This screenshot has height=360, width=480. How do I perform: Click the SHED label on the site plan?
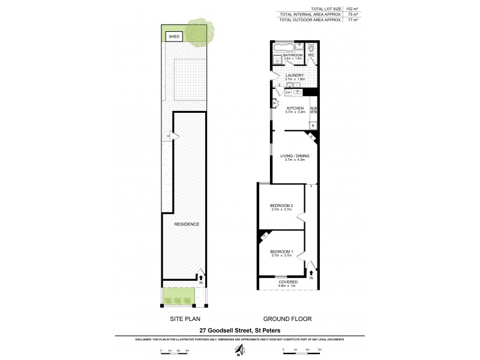point(173,37)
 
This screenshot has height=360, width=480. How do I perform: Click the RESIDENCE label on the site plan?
point(186,224)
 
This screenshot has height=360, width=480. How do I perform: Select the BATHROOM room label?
point(293,55)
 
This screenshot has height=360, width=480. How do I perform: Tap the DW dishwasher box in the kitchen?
point(288,92)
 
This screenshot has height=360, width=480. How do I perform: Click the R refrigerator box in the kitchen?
point(312,125)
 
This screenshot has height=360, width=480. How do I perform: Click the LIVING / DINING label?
point(294,156)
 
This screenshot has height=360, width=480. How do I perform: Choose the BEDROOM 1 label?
point(281,251)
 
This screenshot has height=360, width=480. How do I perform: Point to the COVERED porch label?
point(287,281)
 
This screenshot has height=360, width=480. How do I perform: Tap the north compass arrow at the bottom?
point(240,350)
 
